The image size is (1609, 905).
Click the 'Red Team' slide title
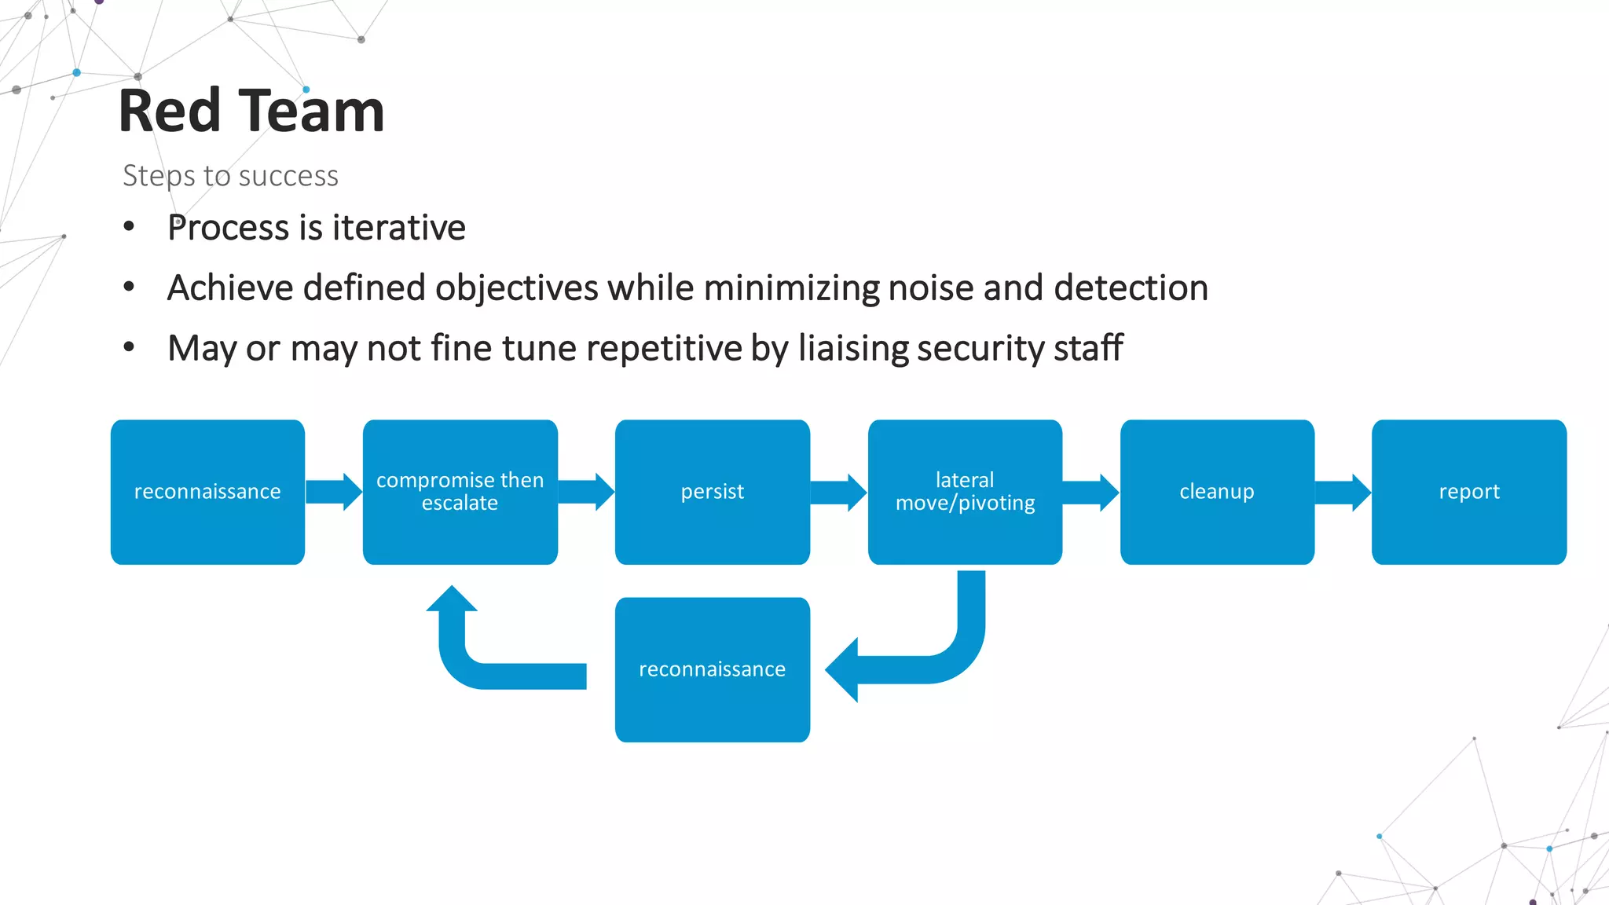coord(251,111)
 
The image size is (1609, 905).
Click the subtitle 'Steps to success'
coord(230,175)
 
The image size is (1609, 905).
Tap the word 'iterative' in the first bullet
coord(398,228)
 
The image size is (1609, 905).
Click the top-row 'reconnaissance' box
coord(207,492)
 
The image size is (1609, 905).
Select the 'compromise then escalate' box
coord(460,492)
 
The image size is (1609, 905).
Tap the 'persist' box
coord(712,492)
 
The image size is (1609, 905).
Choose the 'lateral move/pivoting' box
coord(965,492)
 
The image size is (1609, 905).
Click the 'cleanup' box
coord(1217,492)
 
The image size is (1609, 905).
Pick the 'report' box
coord(1468,492)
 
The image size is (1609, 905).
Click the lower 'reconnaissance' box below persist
coord(712,669)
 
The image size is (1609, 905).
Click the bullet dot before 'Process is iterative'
coord(129,227)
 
